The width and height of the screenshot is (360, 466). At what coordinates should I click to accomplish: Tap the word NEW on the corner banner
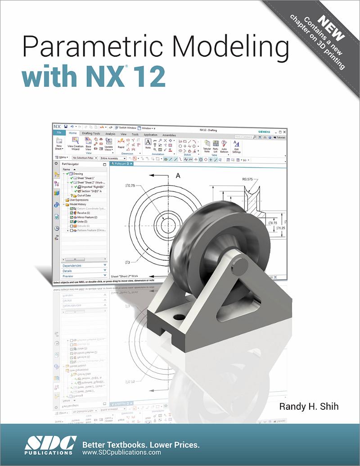(331, 28)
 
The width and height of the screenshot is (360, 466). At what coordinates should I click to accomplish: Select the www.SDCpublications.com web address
(122, 452)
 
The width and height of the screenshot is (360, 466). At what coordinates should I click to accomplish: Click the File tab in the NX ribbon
(58, 133)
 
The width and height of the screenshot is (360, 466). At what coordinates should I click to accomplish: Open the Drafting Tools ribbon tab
(91, 134)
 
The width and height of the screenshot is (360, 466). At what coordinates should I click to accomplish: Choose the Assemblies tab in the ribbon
(169, 135)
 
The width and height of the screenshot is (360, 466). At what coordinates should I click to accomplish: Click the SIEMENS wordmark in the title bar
(263, 131)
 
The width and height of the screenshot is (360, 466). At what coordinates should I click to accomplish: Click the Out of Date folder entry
(84, 195)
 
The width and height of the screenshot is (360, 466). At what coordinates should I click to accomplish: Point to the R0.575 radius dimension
(249, 179)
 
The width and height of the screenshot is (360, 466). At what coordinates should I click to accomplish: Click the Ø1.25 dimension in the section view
(280, 228)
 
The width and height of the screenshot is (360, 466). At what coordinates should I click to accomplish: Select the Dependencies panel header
(72, 266)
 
